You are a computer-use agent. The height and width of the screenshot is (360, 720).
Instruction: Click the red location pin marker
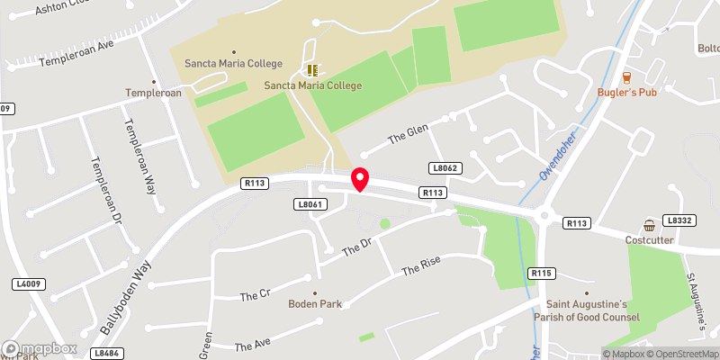click(x=359, y=179)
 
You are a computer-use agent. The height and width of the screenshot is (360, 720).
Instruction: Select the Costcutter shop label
click(x=649, y=240)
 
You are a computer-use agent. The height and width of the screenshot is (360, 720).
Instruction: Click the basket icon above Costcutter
click(x=649, y=224)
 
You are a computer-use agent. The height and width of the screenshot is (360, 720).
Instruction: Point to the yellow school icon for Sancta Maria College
click(x=312, y=69)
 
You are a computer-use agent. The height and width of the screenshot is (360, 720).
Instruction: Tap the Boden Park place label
click(x=315, y=304)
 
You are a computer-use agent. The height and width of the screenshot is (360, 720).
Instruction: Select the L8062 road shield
click(x=444, y=168)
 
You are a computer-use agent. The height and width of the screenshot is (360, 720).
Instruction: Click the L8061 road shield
click(x=309, y=205)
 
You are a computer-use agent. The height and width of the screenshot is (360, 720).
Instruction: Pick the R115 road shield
click(x=542, y=273)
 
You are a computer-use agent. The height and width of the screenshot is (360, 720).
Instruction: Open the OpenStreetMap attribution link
click(x=680, y=353)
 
